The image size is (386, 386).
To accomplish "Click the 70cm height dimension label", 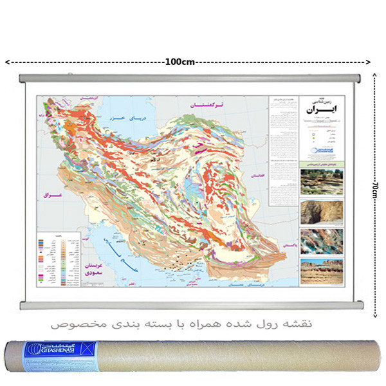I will pos(374,190).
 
